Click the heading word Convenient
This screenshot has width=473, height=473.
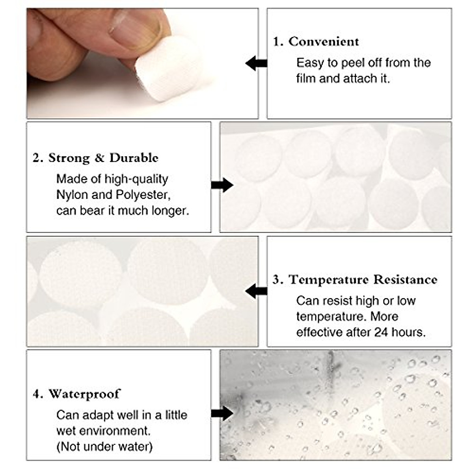click(x=324, y=41)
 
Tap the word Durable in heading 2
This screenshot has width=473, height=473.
click(x=134, y=158)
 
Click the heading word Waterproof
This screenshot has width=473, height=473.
click(x=84, y=394)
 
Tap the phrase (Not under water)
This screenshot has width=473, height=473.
click(x=104, y=447)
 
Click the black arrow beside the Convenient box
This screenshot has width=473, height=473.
click(x=256, y=63)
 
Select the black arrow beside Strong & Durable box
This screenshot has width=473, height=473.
click(x=222, y=185)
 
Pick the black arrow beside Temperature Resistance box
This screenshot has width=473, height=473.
click(x=256, y=292)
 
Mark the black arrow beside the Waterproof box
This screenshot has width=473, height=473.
click(x=222, y=413)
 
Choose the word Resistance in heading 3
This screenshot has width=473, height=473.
click(x=405, y=279)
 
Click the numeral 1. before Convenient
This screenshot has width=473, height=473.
click(x=278, y=41)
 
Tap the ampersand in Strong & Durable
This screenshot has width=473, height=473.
click(x=99, y=158)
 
